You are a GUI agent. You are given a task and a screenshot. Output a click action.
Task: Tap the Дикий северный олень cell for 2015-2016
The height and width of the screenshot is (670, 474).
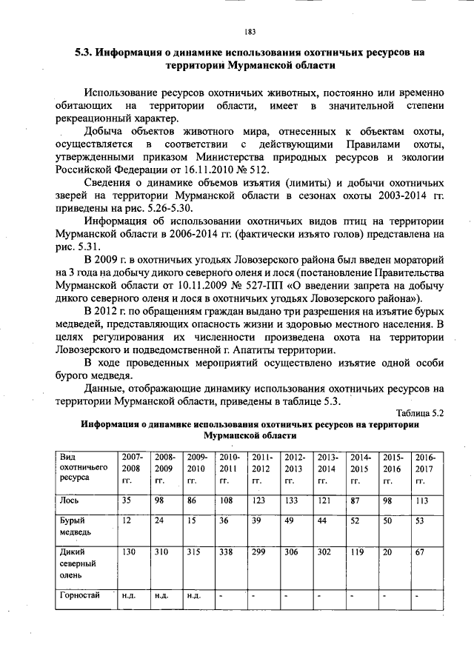point(388,552)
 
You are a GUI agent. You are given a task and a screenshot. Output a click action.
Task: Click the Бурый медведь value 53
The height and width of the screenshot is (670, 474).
point(420,521)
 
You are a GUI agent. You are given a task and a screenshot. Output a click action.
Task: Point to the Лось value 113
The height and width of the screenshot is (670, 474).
point(422,500)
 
